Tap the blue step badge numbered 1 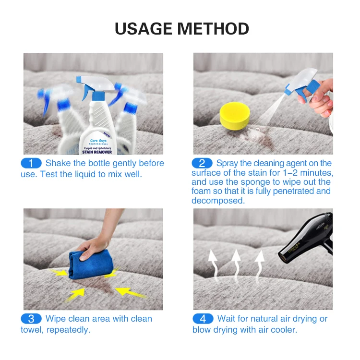click(x=31, y=163)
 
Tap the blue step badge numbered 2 click(x=202, y=163)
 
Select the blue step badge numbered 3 click(x=31, y=319)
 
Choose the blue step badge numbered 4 click(x=203, y=319)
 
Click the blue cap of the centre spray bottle click(x=97, y=96)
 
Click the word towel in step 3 click(x=33, y=330)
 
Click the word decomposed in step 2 click(x=218, y=201)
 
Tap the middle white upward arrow click(x=236, y=262)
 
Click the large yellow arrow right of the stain click(x=130, y=291)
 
